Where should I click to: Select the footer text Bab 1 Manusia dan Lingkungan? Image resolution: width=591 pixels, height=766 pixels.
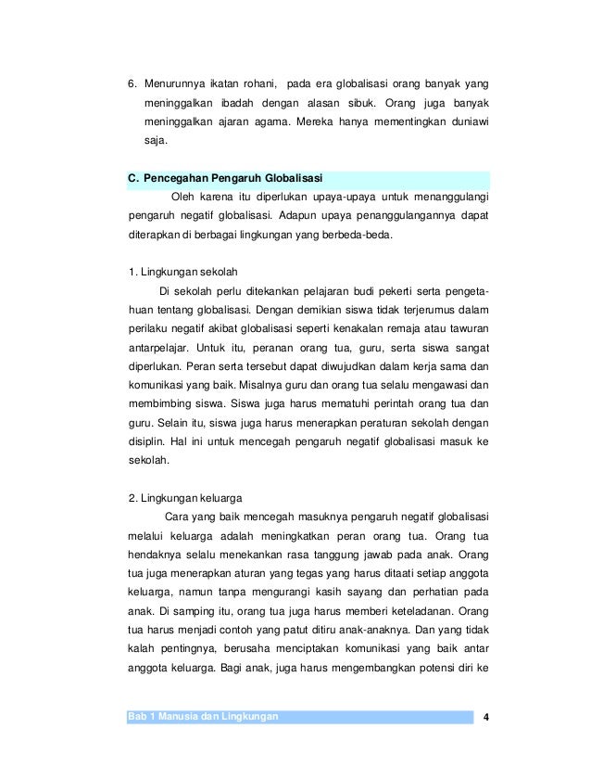click(x=204, y=717)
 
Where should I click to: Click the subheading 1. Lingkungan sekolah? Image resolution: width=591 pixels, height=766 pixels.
click(x=183, y=272)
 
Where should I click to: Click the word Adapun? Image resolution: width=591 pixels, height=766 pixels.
click(x=330, y=216)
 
